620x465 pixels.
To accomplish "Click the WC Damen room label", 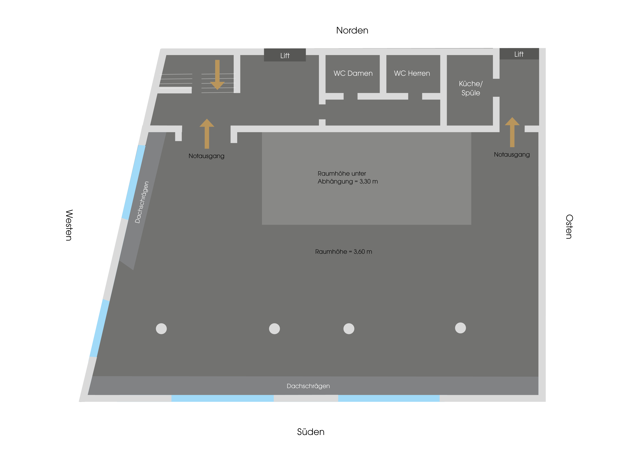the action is [353, 73].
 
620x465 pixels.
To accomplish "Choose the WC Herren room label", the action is [412, 73].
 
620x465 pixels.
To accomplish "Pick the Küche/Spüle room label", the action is [471, 88].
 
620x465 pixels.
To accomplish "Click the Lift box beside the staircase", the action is [285, 55].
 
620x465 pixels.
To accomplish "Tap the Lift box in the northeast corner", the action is [519, 54].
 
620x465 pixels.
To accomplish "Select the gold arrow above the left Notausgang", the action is [207, 134].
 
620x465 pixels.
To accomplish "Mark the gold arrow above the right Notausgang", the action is [512, 132].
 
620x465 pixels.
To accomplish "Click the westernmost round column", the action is [161, 329].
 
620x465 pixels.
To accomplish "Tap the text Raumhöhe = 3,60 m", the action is [344, 252].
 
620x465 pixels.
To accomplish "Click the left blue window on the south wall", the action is [223, 398].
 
